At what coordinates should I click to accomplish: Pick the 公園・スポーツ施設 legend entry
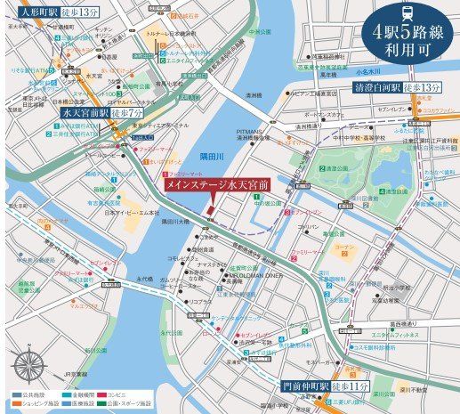164,403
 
